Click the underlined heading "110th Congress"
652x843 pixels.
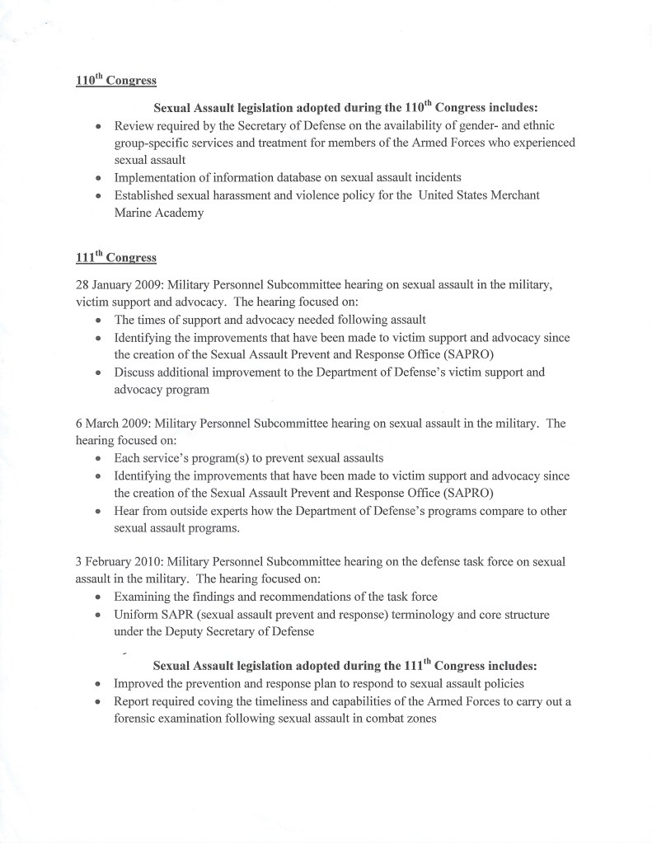tap(111, 82)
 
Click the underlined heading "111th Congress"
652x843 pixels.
tap(111, 257)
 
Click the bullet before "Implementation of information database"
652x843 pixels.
tap(99, 178)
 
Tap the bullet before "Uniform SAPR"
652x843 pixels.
tap(99, 616)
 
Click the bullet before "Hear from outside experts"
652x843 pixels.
tap(99, 512)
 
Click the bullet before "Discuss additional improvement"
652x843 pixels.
tap(99, 372)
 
